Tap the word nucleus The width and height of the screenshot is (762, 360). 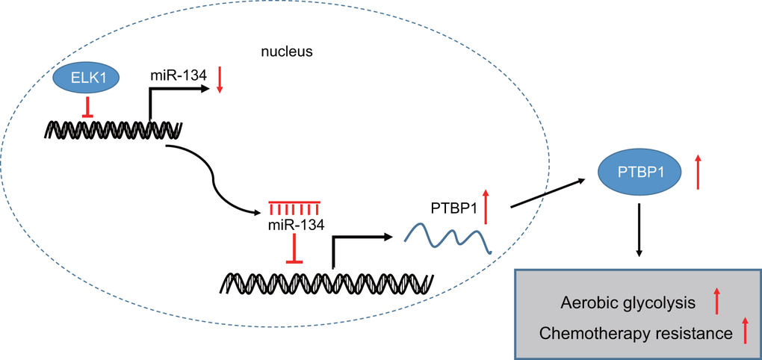(286, 52)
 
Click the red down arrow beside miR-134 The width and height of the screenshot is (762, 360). (220, 80)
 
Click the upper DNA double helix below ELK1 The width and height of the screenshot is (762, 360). (112, 129)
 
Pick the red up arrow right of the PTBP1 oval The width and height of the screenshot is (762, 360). (698, 171)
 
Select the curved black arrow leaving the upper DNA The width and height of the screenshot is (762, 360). (217, 176)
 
